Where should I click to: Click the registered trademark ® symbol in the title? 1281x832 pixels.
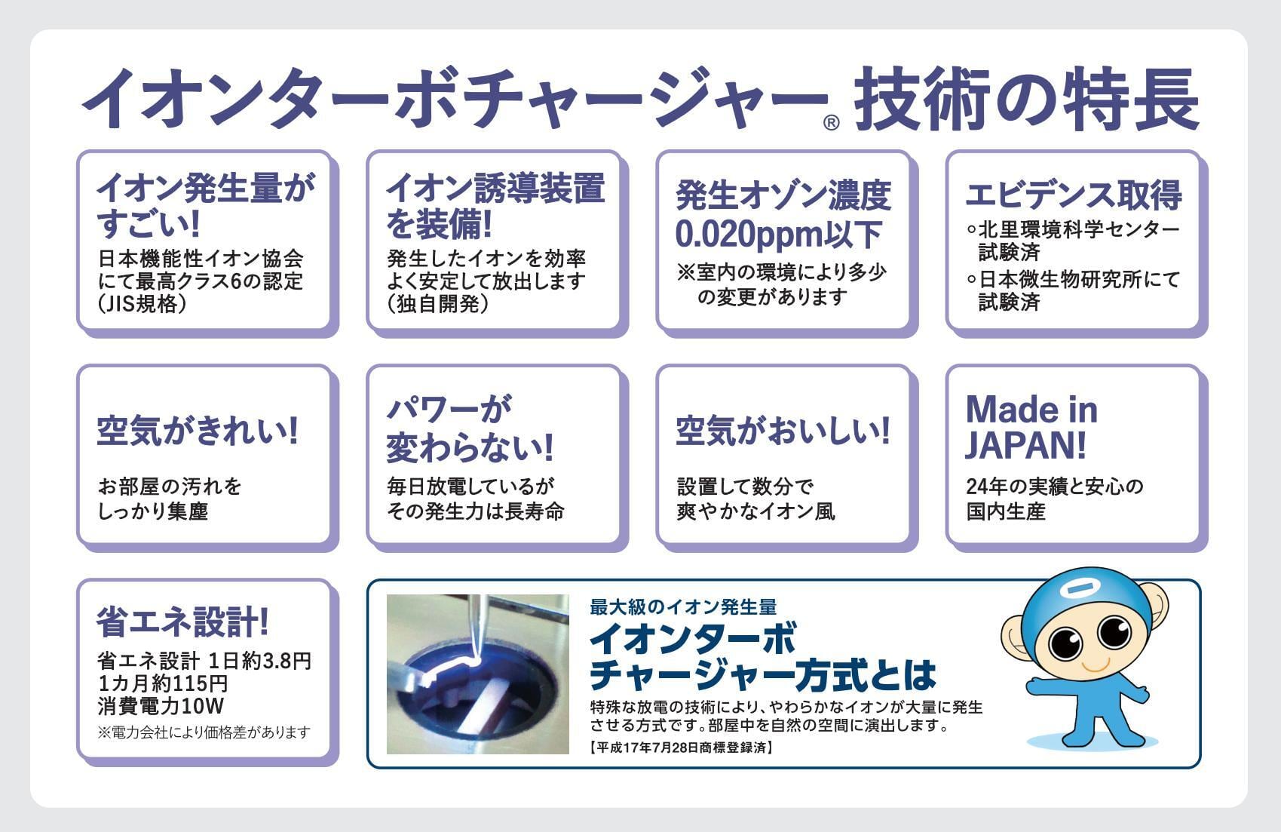tap(831, 122)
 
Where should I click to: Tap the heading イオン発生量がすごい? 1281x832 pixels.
tap(205, 205)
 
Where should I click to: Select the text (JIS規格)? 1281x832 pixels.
tap(143, 304)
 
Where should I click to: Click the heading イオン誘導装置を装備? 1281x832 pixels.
tap(495, 205)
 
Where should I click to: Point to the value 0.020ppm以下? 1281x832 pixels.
tap(778, 234)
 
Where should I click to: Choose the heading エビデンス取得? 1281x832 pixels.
tap(1074, 195)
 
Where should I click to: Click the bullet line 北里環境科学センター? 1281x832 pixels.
tap(1074, 229)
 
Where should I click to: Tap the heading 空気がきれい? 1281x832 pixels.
tap(198, 430)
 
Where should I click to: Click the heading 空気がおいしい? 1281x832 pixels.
tap(783, 430)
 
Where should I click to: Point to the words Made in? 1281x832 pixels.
tap(1031, 410)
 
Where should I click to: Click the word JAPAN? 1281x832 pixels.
tap(1025, 445)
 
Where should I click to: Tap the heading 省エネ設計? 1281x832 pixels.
tap(182, 622)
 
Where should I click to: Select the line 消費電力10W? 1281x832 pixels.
tap(161, 706)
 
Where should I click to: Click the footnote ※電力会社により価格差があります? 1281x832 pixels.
tap(204, 732)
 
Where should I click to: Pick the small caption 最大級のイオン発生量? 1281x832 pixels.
tap(683, 607)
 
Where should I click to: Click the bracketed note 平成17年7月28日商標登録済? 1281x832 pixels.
tap(681, 748)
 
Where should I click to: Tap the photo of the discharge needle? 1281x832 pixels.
tap(477, 674)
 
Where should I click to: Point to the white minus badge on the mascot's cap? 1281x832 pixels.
tap(1076, 590)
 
